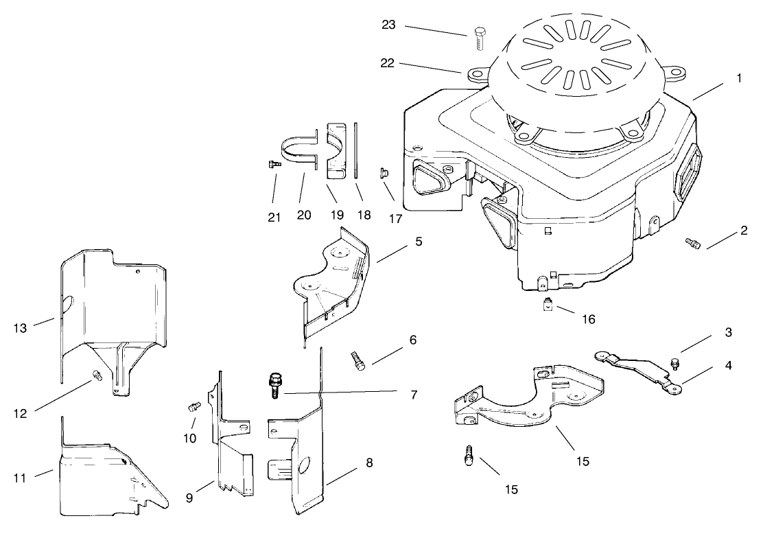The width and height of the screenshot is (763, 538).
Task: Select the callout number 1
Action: click(x=739, y=78)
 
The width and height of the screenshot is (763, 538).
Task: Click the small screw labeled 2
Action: click(x=692, y=243)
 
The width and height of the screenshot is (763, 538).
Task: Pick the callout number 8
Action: click(x=369, y=464)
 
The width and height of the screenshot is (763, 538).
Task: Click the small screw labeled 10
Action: click(x=193, y=408)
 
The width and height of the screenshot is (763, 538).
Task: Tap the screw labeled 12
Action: click(x=96, y=375)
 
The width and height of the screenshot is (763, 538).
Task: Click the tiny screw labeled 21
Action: click(x=272, y=164)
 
